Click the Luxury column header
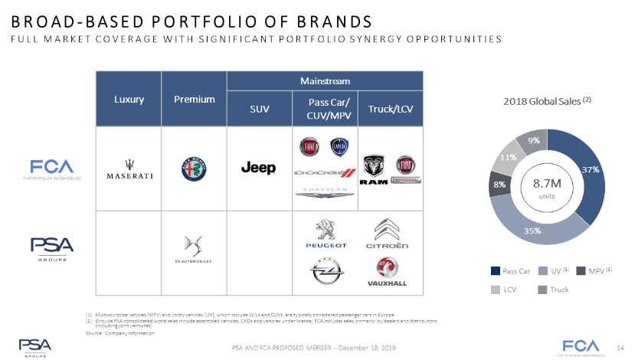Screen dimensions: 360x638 point(128,99)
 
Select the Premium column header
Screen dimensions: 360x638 point(195,99)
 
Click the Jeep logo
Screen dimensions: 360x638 point(259,168)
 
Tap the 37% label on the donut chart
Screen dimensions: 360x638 point(590,169)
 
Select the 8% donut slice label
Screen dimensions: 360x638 point(499,185)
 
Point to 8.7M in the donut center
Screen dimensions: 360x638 point(547,183)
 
